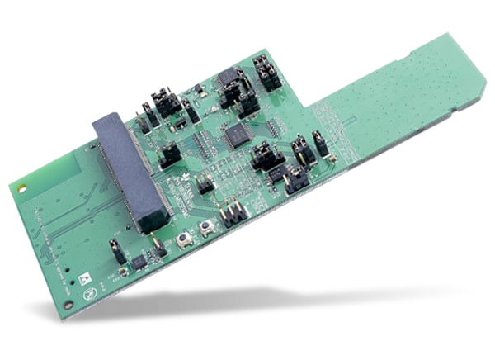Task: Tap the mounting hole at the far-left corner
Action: click(17, 188)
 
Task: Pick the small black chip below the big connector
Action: click(139, 260)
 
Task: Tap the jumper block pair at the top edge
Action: click(266, 73)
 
